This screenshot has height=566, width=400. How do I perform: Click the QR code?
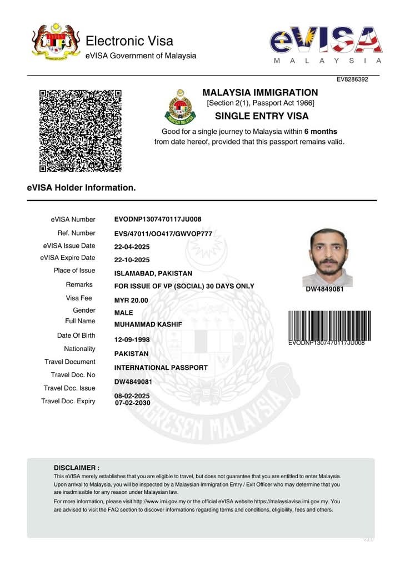point(80,131)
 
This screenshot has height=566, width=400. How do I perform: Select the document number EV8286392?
point(352,79)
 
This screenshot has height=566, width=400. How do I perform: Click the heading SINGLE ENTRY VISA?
point(261,116)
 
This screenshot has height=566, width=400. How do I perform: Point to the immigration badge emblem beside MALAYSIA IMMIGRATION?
point(180,107)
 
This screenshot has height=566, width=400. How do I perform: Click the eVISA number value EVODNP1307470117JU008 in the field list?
point(158,219)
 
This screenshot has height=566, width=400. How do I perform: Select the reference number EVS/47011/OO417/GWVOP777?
point(163,233)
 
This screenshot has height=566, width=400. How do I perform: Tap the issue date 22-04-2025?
point(132,247)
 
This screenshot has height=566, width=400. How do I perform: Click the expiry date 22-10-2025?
point(132,260)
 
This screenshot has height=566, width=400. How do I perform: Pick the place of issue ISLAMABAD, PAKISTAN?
point(153,273)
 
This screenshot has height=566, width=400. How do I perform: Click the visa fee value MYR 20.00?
point(132,300)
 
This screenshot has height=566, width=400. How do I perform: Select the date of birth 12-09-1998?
point(132,339)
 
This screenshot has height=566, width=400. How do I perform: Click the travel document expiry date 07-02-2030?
point(133,402)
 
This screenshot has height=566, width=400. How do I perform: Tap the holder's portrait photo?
point(327,257)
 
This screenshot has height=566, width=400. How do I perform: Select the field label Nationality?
point(79,349)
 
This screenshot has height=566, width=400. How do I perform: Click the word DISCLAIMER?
point(77,468)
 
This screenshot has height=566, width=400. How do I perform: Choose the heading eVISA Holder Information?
point(81,188)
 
